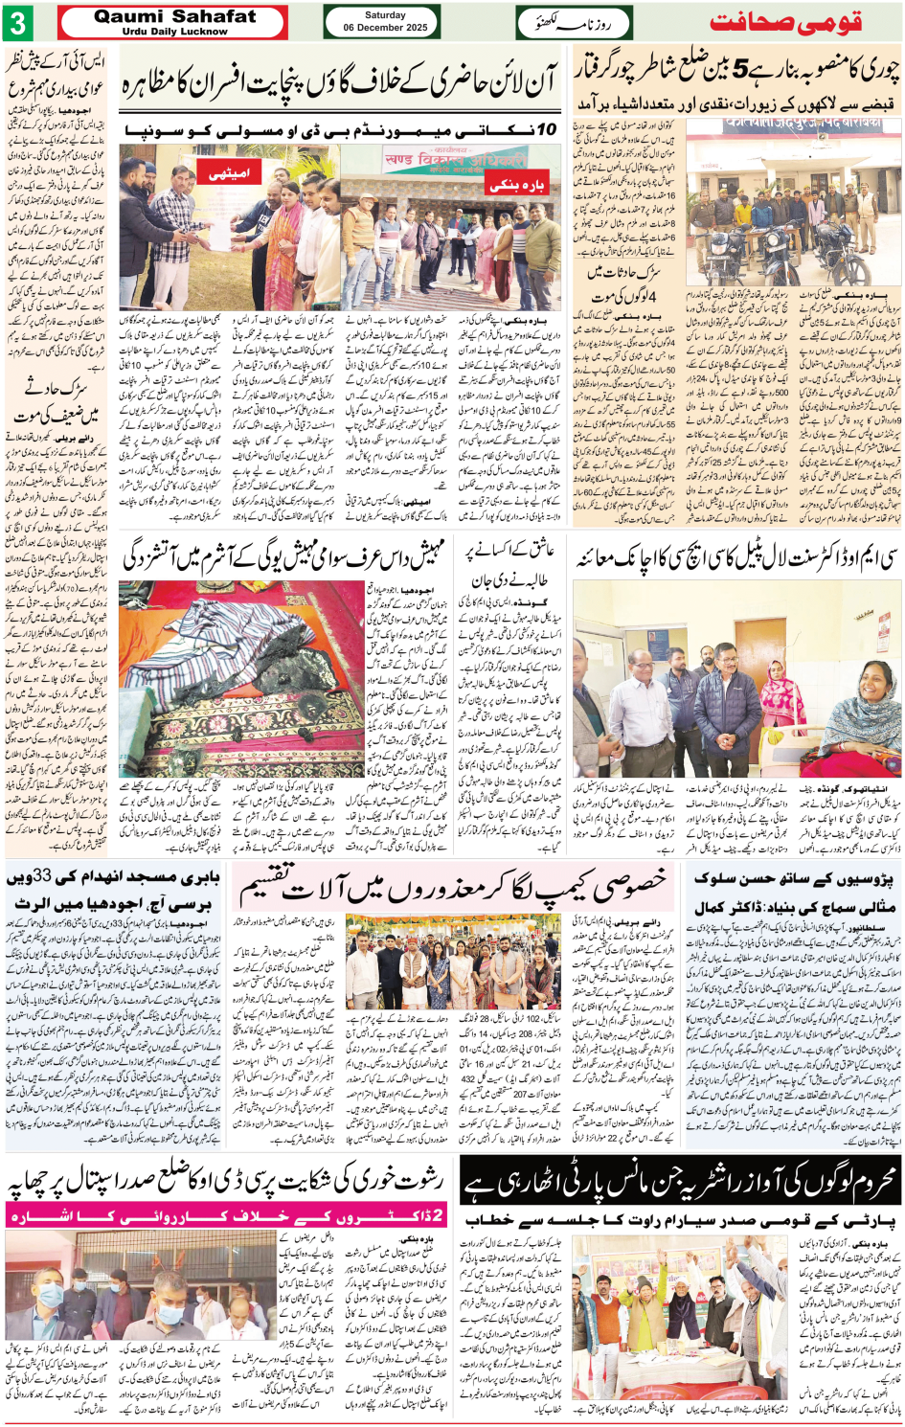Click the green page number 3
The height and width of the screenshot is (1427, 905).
click(x=18, y=22)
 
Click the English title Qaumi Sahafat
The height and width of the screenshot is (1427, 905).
click(x=174, y=16)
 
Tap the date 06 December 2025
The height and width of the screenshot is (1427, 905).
click(x=385, y=28)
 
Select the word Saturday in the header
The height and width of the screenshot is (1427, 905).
click(x=385, y=15)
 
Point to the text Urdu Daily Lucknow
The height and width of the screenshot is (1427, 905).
click(x=174, y=32)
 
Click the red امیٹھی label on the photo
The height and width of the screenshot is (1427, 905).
click(x=229, y=173)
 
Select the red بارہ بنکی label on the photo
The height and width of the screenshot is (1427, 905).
click(x=517, y=185)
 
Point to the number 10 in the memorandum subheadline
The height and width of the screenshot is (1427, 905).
click(x=547, y=129)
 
